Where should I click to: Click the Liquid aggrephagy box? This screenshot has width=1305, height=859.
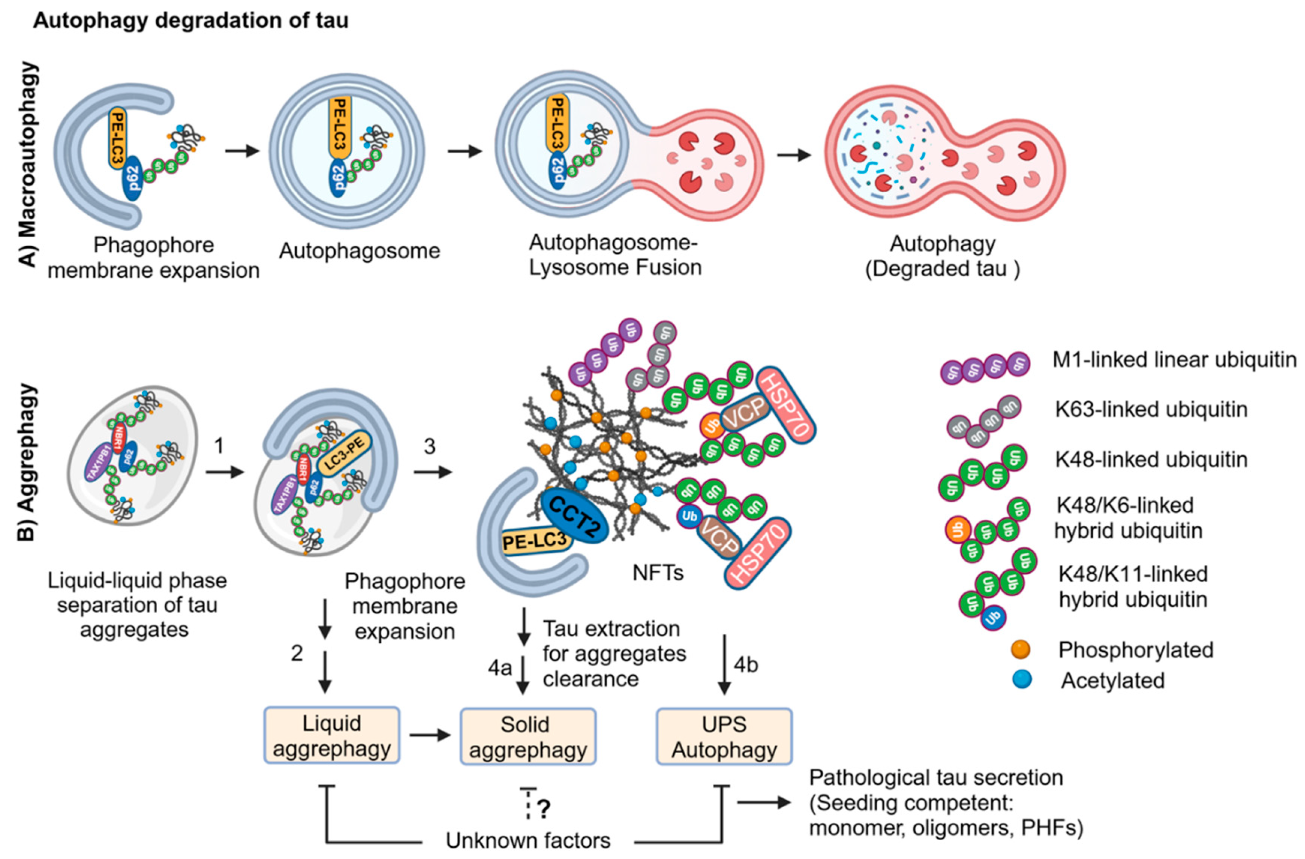(332, 735)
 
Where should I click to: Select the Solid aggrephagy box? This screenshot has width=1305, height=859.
(527, 736)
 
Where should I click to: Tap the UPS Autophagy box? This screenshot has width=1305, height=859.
(724, 736)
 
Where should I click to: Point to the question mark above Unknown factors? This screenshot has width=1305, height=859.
(544, 808)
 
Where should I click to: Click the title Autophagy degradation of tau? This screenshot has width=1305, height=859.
(191, 20)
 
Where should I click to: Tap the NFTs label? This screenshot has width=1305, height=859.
(658, 572)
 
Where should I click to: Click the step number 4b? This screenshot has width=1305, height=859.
(746, 664)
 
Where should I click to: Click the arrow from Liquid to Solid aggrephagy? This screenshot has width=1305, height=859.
(430, 735)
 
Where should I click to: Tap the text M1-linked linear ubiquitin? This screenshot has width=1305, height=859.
(1174, 360)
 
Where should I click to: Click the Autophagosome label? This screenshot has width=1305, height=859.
(360, 251)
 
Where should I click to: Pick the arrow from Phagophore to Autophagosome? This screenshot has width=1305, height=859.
(242, 151)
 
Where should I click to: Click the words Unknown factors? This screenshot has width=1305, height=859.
(528, 840)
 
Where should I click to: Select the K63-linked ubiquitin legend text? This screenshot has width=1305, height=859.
(1151, 409)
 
